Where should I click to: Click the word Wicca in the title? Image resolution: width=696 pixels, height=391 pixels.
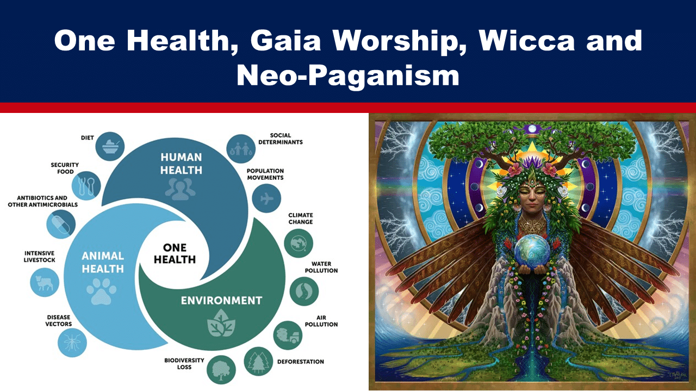[527, 40]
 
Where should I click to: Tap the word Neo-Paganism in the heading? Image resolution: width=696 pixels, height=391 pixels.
[348, 75]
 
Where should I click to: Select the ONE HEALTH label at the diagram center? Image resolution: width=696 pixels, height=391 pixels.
[175, 254]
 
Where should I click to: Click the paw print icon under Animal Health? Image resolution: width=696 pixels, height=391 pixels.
[101, 291]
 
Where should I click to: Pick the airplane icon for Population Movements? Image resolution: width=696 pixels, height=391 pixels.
[266, 198]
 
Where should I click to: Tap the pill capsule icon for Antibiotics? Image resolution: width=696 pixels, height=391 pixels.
[61, 224]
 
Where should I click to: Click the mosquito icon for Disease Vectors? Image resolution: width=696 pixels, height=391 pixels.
[72, 343]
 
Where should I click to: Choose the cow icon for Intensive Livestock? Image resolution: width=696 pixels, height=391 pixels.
[45, 282]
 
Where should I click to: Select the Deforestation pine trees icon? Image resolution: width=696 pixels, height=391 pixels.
[258, 362]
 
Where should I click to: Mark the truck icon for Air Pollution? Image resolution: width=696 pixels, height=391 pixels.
[288, 336]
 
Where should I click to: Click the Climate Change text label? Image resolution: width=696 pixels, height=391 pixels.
[301, 218]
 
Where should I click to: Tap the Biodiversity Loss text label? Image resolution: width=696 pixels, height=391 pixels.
[184, 364]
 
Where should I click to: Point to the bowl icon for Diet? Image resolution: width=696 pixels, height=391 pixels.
[110, 147]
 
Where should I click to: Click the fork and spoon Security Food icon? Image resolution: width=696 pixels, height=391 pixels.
[86, 186]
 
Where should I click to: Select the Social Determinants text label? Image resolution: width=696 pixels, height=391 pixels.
[281, 138]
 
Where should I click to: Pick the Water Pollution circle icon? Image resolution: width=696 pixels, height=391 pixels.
[304, 292]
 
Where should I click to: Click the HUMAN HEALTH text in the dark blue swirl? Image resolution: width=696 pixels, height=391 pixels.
[181, 163]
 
